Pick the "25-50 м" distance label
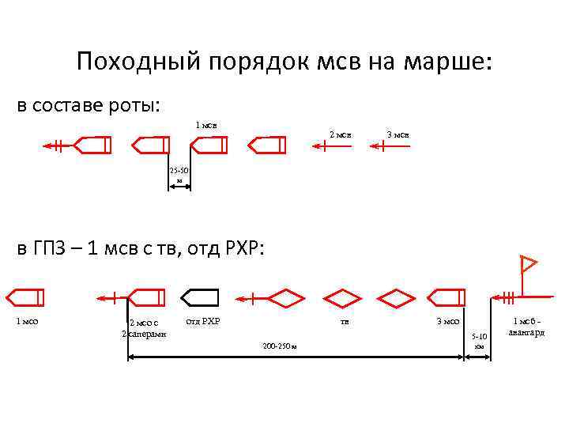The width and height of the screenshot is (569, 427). tap(179, 175)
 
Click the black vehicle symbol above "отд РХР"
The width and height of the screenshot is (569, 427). tap(200, 297)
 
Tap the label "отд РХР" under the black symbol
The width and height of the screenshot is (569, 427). tap(202, 321)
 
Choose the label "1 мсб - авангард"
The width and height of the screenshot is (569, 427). tap(526, 327)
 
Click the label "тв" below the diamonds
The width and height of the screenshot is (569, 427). tap(345, 321)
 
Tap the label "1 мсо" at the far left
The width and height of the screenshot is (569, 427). tap(28, 321)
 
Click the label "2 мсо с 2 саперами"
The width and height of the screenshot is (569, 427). tap(145, 327)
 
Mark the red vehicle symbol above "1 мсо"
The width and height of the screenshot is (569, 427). tap(25, 297)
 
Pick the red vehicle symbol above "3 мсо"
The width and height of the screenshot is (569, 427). tap(447, 297)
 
